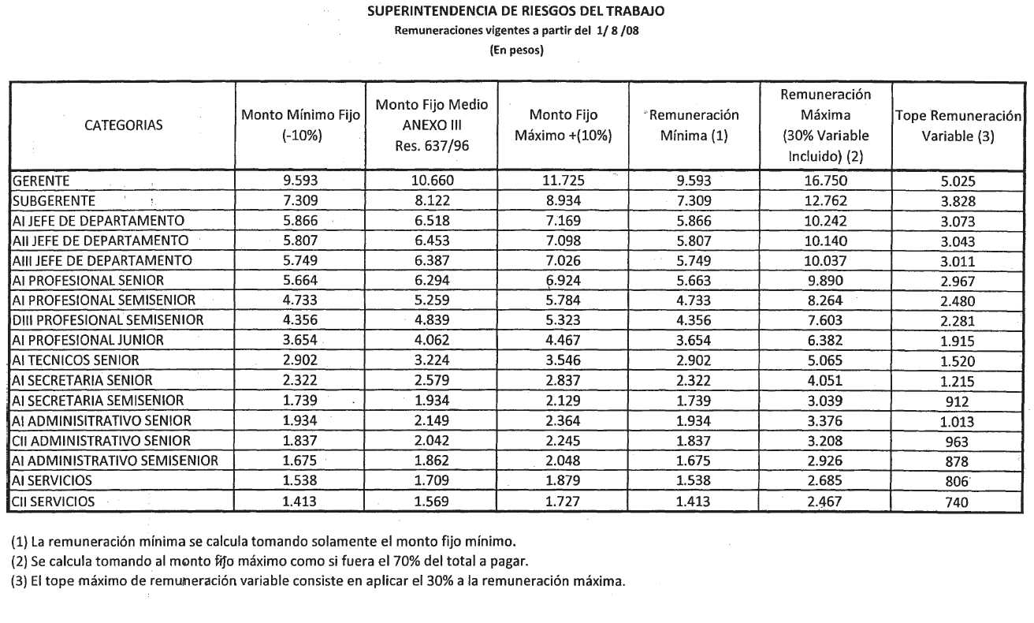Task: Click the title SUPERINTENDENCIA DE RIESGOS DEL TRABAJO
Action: [x=516, y=11]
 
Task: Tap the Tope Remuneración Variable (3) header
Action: [x=958, y=125]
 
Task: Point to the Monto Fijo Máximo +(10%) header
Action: [x=563, y=125]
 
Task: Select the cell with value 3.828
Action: [x=958, y=201]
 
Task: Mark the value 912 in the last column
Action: [x=958, y=401]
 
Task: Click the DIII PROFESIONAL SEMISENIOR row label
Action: [x=107, y=320]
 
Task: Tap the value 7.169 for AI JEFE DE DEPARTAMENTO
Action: [x=563, y=221]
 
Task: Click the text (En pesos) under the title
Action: [x=516, y=50]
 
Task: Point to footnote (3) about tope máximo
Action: [x=318, y=582]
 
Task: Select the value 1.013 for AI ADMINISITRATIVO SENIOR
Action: [x=958, y=421]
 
